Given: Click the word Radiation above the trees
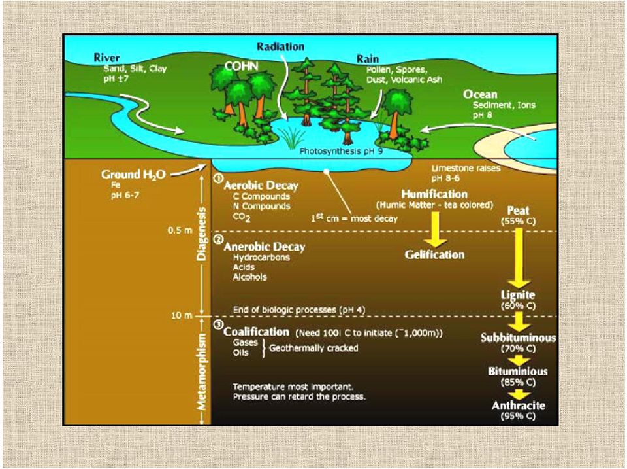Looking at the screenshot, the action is pyautogui.click(x=280, y=47).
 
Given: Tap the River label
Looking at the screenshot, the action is pyautogui.click(x=106, y=58).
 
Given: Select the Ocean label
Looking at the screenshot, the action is pyautogui.click(x=480, y=95).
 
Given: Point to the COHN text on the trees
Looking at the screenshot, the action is pyautogui.click(x=241, y=66).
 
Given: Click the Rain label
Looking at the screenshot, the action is pyautogui.click(x=368, y=59).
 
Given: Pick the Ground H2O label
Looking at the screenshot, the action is pyautogui.click(x=133, y=175).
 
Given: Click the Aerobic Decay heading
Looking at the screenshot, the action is pyautogui.click(x=261, y=185).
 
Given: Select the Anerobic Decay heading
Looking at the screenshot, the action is pyautogui.click(x=265, y=247).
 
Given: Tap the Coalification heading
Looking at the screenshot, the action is pyautogui.click(x=256, y=332).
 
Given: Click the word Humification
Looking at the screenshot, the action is pyautogui.click(x=434, y=194).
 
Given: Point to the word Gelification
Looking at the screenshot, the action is pyautogui.click(x=435, y=254).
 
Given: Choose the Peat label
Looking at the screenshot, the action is pyautogui.click(x=518, y=211).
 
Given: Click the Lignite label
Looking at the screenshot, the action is pyautogui.click(x=518, y=295).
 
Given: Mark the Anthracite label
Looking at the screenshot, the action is pyautogui.click(x=518, y=406).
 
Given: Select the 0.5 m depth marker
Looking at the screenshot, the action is pyautogui.click(x=180, y=231).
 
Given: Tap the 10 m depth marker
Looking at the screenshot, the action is pyautogui.click(x=182, y=315).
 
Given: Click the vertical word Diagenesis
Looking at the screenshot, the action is pyautogui.click(x=202, y=234).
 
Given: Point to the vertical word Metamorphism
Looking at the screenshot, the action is pyautogui.click(x=202, y=372).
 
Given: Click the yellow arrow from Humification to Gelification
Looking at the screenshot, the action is pyautogui.click(x=435, y=229).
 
